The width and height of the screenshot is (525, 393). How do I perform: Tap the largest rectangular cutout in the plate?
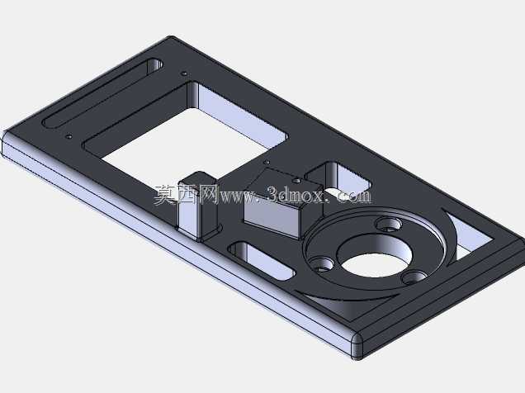tap(187, 134)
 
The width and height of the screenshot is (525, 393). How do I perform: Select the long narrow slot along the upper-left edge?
tap(103, 93)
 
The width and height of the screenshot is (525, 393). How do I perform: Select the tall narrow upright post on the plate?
tap(197, 206)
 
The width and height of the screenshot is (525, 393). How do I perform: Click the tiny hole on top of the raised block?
tap(296, 181)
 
